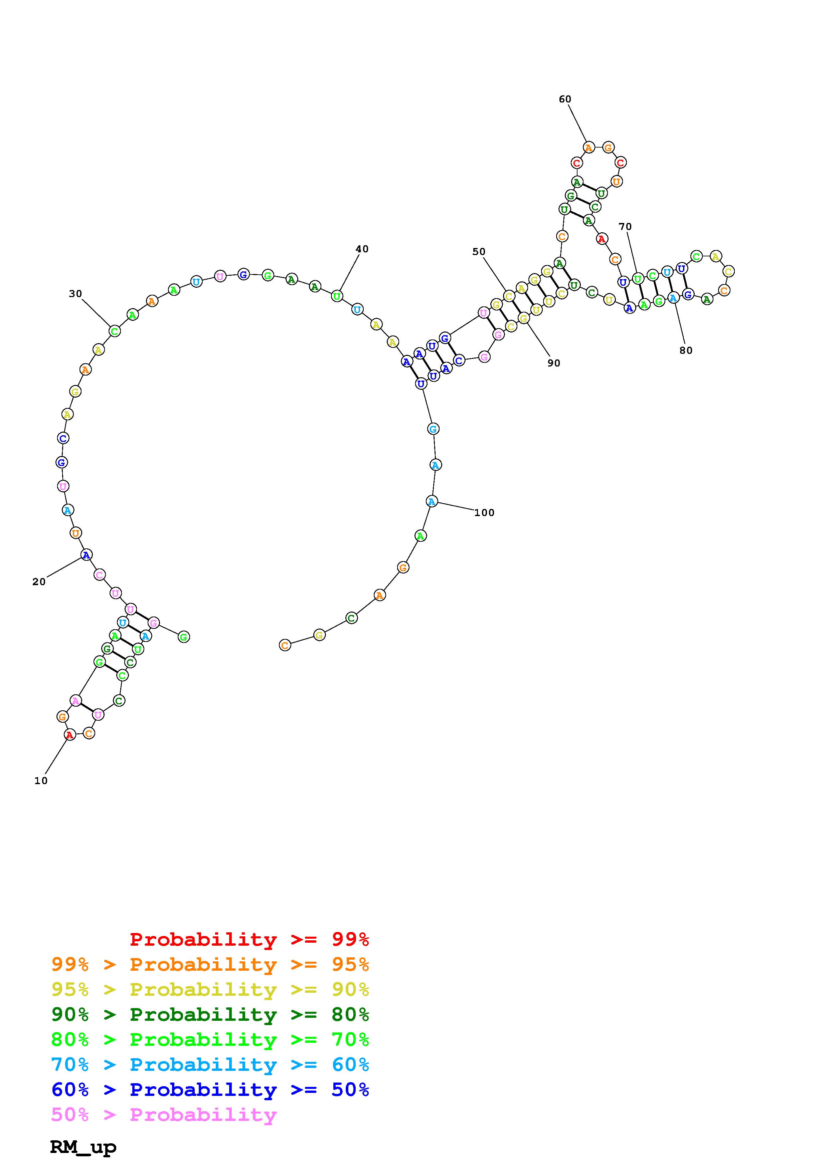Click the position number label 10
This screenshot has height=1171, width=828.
coord(41,781)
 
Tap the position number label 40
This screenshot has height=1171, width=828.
coord(362,249)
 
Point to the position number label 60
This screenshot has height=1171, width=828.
coord(565,99)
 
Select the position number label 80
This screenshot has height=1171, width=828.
coord(686,350)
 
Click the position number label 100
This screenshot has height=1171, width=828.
coord(484,513)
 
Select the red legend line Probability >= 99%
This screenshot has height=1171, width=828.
coord(250,939)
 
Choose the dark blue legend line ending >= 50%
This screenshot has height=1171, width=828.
coord(210,1090)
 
